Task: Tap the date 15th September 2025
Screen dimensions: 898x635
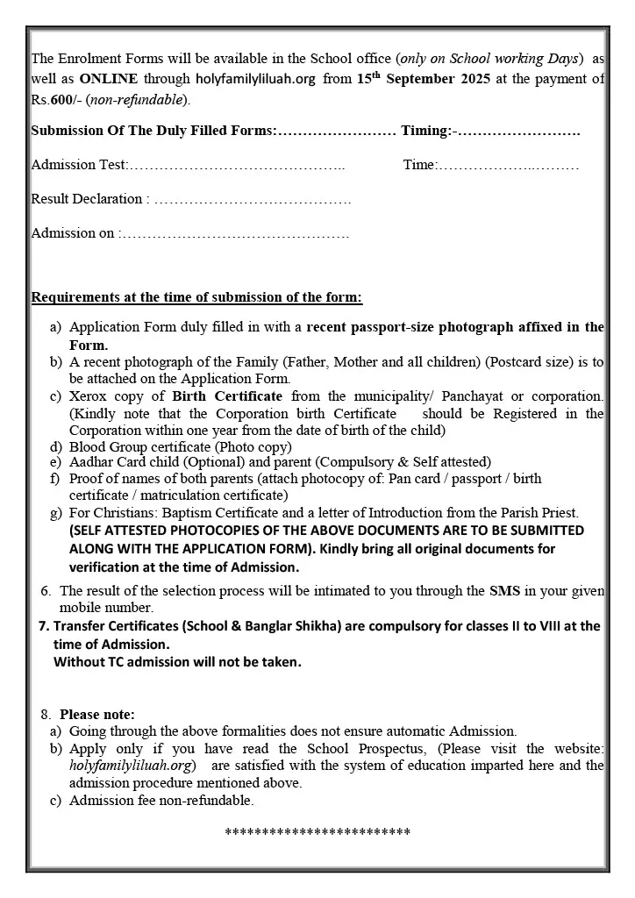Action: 418,79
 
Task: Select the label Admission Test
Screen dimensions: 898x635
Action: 79,165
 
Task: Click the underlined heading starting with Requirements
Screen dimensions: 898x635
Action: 196,297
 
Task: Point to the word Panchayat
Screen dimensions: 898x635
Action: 466,396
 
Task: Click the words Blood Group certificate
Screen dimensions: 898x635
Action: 140,446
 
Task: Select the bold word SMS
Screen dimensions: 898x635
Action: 504,591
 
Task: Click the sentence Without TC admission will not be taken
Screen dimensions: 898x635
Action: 177,662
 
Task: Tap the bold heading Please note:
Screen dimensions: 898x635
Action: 97,715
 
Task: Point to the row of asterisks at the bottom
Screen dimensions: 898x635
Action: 317,832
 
